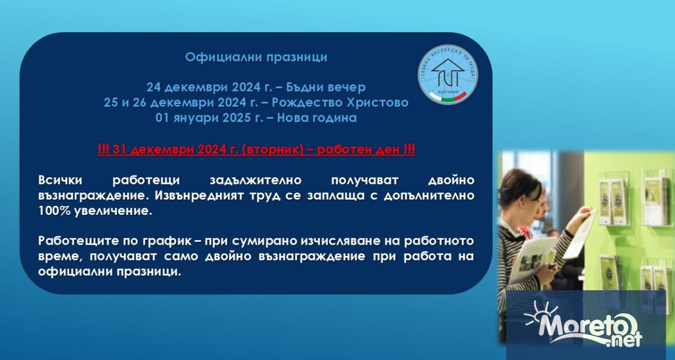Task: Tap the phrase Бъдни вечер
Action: pos(326,87)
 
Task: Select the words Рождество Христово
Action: pos(340,102)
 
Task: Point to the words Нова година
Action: pos(317,118)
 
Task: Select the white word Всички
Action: pos(60,180)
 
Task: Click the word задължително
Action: pos(255,181)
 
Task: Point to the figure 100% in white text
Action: pos(54,210)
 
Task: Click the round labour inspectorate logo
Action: pos(448,75)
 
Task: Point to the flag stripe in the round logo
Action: pos(448,97)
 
